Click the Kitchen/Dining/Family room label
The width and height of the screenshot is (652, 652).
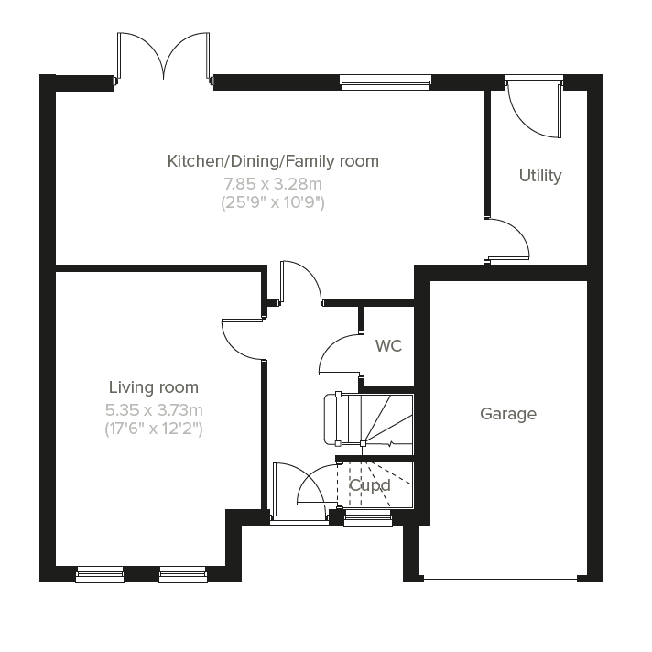(273, 161)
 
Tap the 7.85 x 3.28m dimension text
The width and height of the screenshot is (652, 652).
(273, 184)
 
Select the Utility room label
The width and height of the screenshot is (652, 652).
(540, 176)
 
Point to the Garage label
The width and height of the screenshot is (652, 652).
(508, 414)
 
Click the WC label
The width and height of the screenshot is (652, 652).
(388, 346)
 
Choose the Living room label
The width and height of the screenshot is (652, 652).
(154, 387)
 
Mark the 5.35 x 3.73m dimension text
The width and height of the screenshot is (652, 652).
(154, 409)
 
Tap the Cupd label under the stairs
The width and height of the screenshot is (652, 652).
(370, 485)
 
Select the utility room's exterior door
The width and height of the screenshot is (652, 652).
(533, 110)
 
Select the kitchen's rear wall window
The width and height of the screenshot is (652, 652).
(384, 83)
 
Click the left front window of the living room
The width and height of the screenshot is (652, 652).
(100, 574)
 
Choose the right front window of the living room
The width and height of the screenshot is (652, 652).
(183, 574)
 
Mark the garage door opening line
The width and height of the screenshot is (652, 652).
(500, 579)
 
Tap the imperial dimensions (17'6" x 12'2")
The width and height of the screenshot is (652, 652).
(154, 428)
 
